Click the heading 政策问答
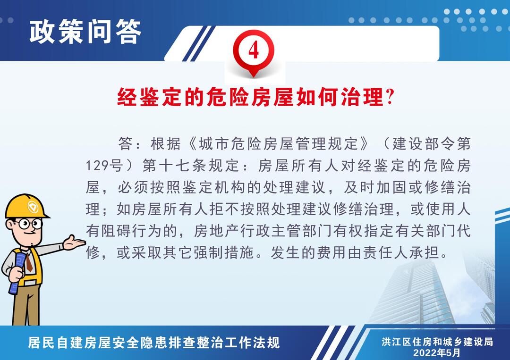(x=85, y=32)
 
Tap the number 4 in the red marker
(x=254, y=50)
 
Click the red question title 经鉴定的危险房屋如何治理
(x=250, y=97)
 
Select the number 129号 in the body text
(x=104, y=166)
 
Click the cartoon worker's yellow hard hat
(x=26, y=206)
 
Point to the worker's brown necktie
(x=29, y=262)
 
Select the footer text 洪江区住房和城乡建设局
(x=437, y=342)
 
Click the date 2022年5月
(x=437, y=352)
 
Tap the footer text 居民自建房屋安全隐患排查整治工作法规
(x=154, y=343)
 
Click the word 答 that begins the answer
(x=126, y=143)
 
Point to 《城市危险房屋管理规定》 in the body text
(x=279, y=143)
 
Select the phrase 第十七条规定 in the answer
(x=191, y=166)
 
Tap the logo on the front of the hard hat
(x=33, y=207)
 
